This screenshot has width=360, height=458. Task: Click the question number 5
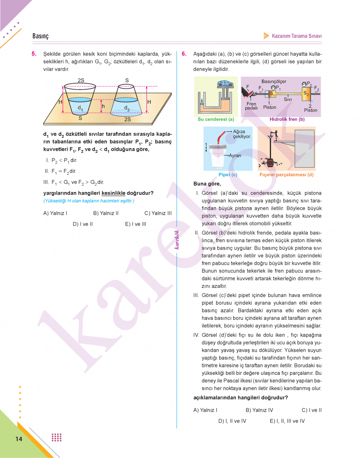pos(34,53)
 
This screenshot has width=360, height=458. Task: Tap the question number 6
pos(184,53)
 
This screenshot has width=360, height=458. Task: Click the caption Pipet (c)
pos(228,174)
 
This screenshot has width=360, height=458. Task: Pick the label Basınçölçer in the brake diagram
pos(274,81)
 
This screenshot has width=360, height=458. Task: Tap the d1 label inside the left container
pos(80,108)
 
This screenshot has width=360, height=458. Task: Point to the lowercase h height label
pos(103,106)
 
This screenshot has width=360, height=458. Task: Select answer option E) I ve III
pos(136,224)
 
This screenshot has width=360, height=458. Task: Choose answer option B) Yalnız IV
pos(259,410)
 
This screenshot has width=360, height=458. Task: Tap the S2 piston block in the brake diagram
pos(306,93)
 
